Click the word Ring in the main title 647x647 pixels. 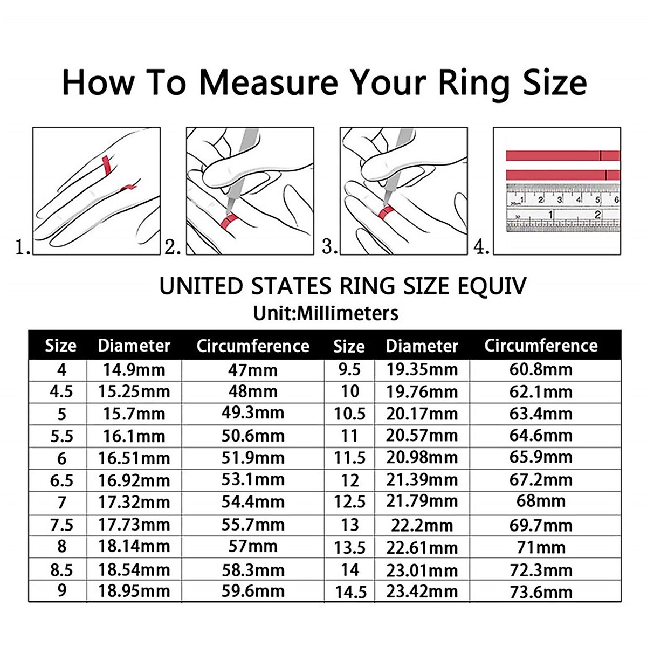point(473,82)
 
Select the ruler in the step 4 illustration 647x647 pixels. point(563,208)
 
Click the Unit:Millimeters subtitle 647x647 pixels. point(326,313)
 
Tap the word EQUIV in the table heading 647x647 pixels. point(491,286)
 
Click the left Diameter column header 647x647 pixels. point(134,346)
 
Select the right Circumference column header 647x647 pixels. point(541,346)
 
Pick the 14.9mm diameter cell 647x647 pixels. point(134,370)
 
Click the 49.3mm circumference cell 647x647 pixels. point(252,413)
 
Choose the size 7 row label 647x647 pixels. point(61,503)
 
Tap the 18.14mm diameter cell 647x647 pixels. point(134,546)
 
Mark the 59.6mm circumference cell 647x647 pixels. point(252,591)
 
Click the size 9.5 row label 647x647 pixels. point(349,370)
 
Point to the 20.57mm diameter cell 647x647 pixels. point(422,436)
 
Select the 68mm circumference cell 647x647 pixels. point(541,501)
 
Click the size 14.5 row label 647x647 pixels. point(350,592)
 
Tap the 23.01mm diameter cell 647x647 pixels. point(422,570)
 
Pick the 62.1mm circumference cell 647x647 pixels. point(541,392)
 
